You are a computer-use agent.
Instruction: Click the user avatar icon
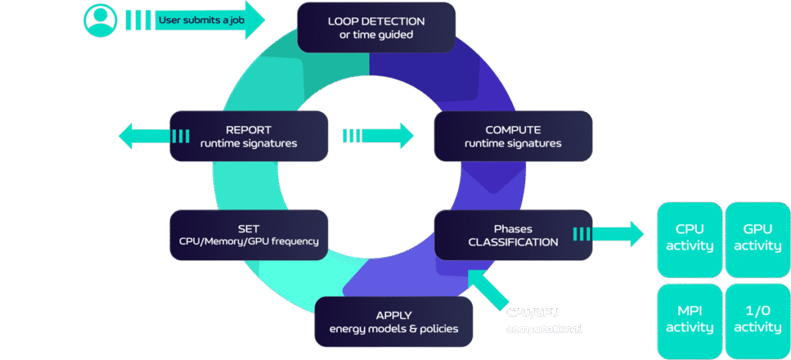pyautogui.click(x=100, y=19)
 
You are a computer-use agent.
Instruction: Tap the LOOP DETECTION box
pyautogui.click(x=375, y=27)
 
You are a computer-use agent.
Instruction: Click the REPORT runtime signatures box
pyautogui.click(x=249, y=136)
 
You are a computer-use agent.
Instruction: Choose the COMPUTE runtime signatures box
pyautogui.click(x=513, y=136)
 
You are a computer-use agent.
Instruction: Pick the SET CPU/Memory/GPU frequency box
pyautogui.click(x=249, y=235)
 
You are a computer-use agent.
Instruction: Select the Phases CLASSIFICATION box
pyautogui.click(x=513, y=235)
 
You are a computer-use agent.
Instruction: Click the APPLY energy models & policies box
pyautogui.click(x=395, y=321)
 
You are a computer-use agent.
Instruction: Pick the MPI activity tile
pyautogui.click(x=689, y=319)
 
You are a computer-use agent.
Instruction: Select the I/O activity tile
pyautogui.click(x=757, y=319)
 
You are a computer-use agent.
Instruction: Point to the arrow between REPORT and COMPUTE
pyautogui.click(x=379, y=136)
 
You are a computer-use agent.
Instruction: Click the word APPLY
pyautogui.click(x=395, y=314)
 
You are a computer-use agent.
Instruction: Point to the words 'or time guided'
pyautogui.click(x=375, y=36)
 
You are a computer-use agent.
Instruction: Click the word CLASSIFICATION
pyautogui.click(x=513, y=242)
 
